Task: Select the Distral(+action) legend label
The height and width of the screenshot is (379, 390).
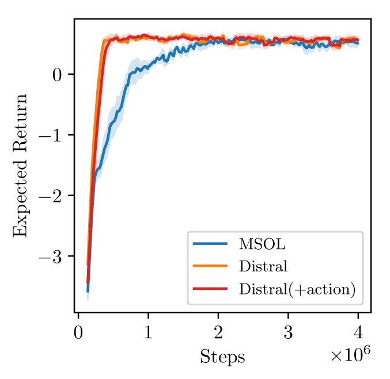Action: pyautogui.click(x=296, y=289)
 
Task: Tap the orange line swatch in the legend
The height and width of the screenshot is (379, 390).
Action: pyautogui.click(x=210, y=267)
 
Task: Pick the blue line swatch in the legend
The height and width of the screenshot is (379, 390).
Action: pyautogui.click(x=210, y=244)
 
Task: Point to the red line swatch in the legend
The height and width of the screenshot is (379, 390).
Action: pyautogui.click(x=210, y=289)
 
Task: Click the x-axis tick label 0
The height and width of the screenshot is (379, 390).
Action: pyautogui.click(x=78, y=334)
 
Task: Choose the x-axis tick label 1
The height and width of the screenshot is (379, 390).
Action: pyautogui.click(x=148, y=334)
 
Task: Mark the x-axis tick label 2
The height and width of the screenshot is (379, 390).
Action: pyautogui.click(x=218, y=334)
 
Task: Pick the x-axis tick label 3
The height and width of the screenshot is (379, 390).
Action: pyautogui.click(x=288, y=334)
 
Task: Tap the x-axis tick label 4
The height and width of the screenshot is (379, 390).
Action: pyautogui.click(x=358, y=334)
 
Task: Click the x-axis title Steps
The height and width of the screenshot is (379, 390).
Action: pyautogui.click(x=222, y=357)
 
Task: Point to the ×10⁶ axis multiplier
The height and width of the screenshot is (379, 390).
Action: pyautogui.click(x=349, y=355)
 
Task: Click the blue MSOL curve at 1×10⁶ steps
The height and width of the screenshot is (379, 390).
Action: pyautogui.click(x=148, y=67)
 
